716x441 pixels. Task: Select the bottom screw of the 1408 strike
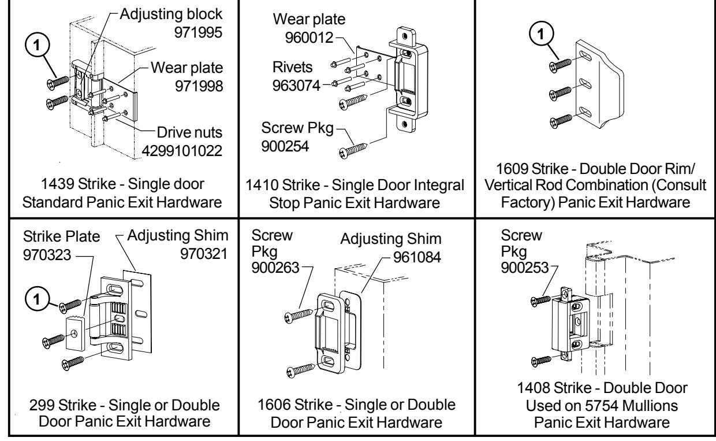[x=542, y=360]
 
